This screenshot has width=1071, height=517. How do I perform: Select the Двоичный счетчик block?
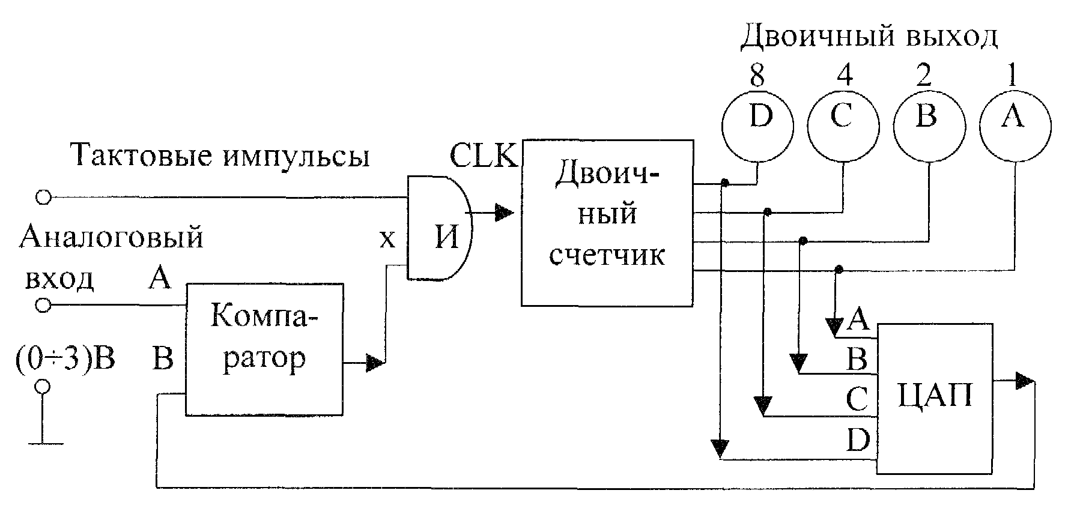click(x=607, y=223)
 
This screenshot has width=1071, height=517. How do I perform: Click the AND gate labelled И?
click(x=440, y=228)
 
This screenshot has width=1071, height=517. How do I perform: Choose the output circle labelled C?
click(x=843, y=125)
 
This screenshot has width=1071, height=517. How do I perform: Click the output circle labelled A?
click(x=1015, y=125)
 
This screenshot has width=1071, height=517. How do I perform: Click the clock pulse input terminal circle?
click(x=43, y=196)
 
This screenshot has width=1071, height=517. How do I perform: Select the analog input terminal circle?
click(x=43, y=306)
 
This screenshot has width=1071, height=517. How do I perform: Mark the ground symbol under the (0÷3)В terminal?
click(x=43, y=444)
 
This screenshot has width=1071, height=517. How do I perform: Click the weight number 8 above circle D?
click(x=757, y=76)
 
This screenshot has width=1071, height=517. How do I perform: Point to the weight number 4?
click(x=843, y=76)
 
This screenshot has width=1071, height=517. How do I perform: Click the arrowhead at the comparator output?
click(x=375, y=363)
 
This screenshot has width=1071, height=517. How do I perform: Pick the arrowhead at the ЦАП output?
click(x=1024, y=381)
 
